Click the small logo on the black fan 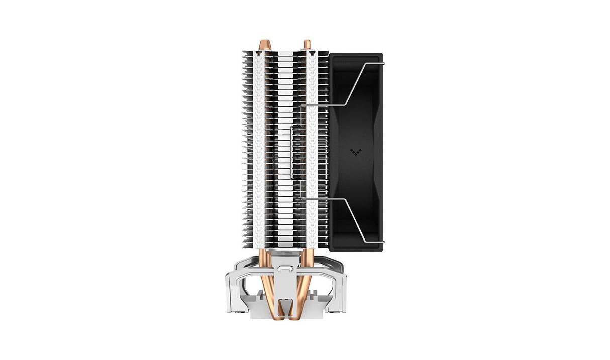click(356, 151)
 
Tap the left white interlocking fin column click(259, 151)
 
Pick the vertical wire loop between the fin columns click(292, 151)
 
